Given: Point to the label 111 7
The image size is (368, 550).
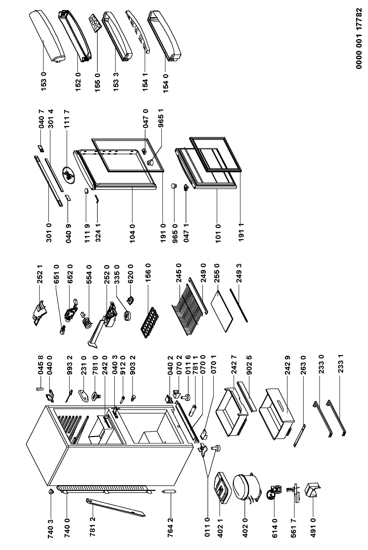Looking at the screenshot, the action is coord(67,119).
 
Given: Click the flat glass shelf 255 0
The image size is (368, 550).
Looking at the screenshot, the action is coord(222,311).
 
